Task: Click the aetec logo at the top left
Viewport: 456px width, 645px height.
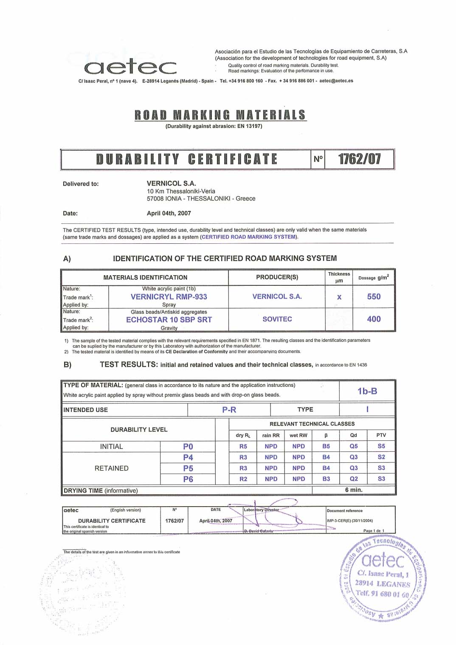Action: [130, 67]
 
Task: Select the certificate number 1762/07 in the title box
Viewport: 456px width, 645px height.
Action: [359, 159]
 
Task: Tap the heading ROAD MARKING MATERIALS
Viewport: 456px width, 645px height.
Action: [220, 115]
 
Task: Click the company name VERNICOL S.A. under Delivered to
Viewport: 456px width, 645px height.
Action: [171, 183]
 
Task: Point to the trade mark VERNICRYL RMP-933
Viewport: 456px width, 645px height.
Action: [169, 297]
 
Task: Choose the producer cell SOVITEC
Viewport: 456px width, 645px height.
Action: [277, 319]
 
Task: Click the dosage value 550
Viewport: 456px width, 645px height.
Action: [374, 296]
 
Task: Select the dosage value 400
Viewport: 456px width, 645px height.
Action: [374, 319]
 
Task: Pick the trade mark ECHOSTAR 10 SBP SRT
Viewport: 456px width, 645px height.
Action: [169, 320]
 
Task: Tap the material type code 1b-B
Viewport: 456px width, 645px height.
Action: [367, 391]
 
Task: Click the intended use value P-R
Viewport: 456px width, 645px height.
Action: [229, 410]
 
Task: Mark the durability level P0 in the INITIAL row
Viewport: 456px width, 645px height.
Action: [188, 446]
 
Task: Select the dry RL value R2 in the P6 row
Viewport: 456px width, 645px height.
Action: [243, 479]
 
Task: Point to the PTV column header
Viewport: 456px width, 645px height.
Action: [381, 435]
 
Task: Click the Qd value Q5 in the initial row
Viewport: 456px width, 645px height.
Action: [354, 446]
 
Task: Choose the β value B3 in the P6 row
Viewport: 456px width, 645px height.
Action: [326, 479]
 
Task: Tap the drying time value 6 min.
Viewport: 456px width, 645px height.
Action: [354, 490]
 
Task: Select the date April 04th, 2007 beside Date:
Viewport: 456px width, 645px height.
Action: [169, 213]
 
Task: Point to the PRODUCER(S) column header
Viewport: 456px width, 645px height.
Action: [277, 277]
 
